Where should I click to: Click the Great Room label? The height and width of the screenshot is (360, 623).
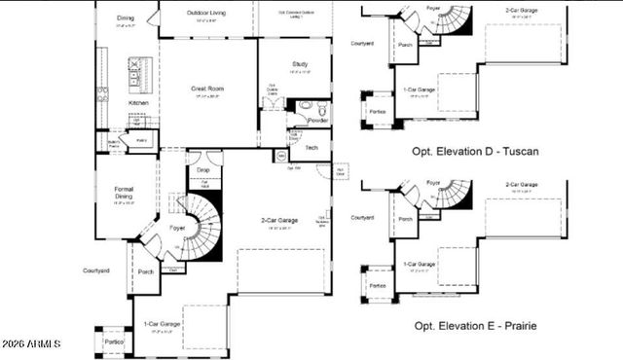pos(206,89)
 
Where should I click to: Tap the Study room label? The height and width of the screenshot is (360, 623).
pos(300,64)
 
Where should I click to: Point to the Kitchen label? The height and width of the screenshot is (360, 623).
pos(139,102)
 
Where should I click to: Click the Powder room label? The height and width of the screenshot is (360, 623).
pos(317,121)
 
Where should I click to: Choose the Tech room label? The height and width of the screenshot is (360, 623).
pos(311,147)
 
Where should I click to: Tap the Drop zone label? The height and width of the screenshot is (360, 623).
pos(203,170)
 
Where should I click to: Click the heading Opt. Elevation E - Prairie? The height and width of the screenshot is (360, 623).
pos(476,326)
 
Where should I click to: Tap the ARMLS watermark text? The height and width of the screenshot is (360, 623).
pos(31,344)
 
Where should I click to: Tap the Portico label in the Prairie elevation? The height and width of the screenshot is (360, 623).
pos(378,285)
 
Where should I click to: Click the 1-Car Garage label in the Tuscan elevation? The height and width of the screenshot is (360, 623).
pos(420,90)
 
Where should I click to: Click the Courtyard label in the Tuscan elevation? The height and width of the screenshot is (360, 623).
pos(362,43)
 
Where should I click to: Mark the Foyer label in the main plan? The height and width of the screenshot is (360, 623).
pos(177,228)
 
